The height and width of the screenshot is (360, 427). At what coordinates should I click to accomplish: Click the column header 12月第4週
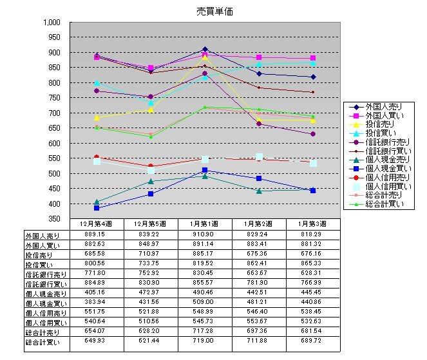[97, 222]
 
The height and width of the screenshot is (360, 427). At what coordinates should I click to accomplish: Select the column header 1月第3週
[313, 222]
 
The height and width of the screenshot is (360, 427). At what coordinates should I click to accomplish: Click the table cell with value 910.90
[205, 234]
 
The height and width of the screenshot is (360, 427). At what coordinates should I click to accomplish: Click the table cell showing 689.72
[313, 343]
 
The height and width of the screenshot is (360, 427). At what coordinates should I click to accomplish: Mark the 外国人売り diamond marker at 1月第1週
[205, 50]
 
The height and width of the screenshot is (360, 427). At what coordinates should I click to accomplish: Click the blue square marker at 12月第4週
[97, 209]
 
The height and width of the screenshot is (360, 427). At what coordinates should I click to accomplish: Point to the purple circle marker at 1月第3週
[313, 134]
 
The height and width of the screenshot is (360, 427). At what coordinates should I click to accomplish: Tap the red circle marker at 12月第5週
[151, 167]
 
